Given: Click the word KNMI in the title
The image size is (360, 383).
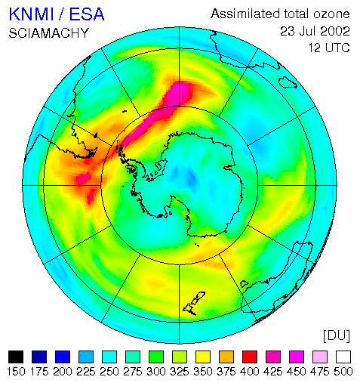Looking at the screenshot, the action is [x=32, y=14].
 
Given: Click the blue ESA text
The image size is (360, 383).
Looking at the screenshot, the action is [x=87, y=14].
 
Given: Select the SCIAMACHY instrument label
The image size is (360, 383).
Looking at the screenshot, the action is [x=49, y=33].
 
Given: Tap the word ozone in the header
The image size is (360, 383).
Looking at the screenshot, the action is [x=331, y=14].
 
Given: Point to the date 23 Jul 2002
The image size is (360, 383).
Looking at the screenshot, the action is [x=315, y=31].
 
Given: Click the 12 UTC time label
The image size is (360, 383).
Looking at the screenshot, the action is [x=329, y=48].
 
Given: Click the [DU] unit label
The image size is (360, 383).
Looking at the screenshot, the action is [x=337, y=335].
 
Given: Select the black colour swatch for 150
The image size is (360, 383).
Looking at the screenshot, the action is [x=16, y=357].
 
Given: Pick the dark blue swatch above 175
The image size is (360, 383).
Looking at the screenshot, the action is [x=39, y=357].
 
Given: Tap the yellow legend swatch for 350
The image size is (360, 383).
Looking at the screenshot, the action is [x=203, y=357].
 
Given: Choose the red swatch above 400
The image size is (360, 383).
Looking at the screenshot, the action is [x=250, y=357].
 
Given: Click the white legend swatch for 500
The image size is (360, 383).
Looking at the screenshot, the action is [x=343, y=357].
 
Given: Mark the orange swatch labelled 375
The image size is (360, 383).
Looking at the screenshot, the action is [x=226, y=357].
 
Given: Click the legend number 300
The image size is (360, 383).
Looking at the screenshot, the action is [x=156, y=372].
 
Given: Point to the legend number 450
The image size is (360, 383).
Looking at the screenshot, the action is [x=297, y=372].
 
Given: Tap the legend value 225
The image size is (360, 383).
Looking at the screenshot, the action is [x=86, y=372].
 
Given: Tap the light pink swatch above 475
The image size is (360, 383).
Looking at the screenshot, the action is [x=320, y=357].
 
